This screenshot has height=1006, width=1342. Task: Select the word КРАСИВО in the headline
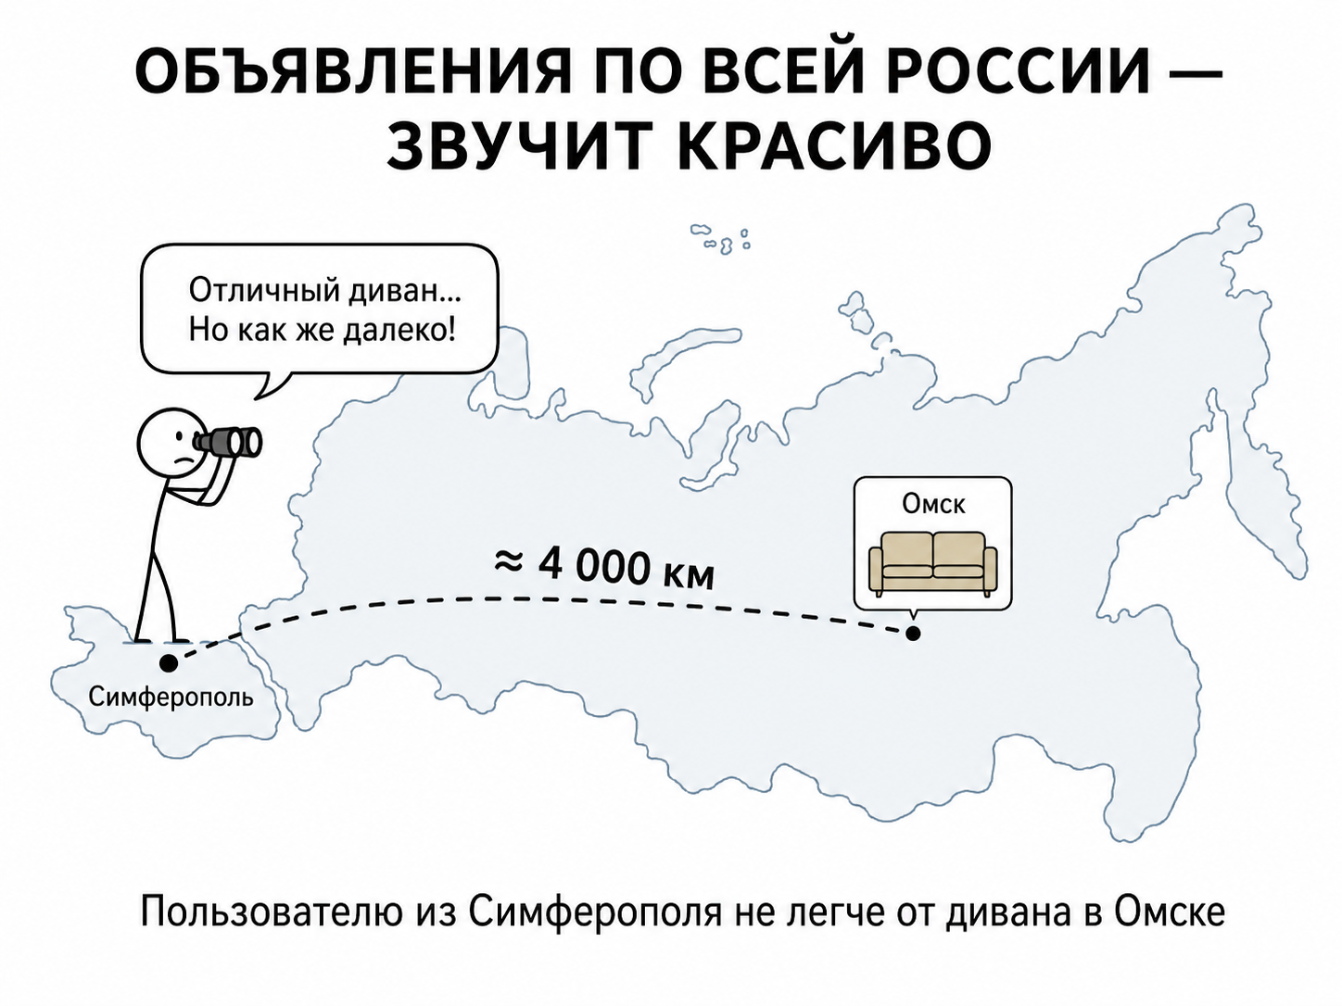834,146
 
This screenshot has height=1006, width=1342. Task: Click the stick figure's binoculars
227,441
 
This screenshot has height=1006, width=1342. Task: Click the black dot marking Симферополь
169,662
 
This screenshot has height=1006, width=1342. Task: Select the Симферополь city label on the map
171,697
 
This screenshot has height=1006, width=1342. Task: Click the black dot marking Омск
913,634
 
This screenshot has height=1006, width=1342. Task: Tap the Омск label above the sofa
933,505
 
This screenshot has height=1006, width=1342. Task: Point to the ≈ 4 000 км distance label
604,568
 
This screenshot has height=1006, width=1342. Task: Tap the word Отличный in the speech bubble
264,292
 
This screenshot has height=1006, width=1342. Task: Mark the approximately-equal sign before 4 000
509,562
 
